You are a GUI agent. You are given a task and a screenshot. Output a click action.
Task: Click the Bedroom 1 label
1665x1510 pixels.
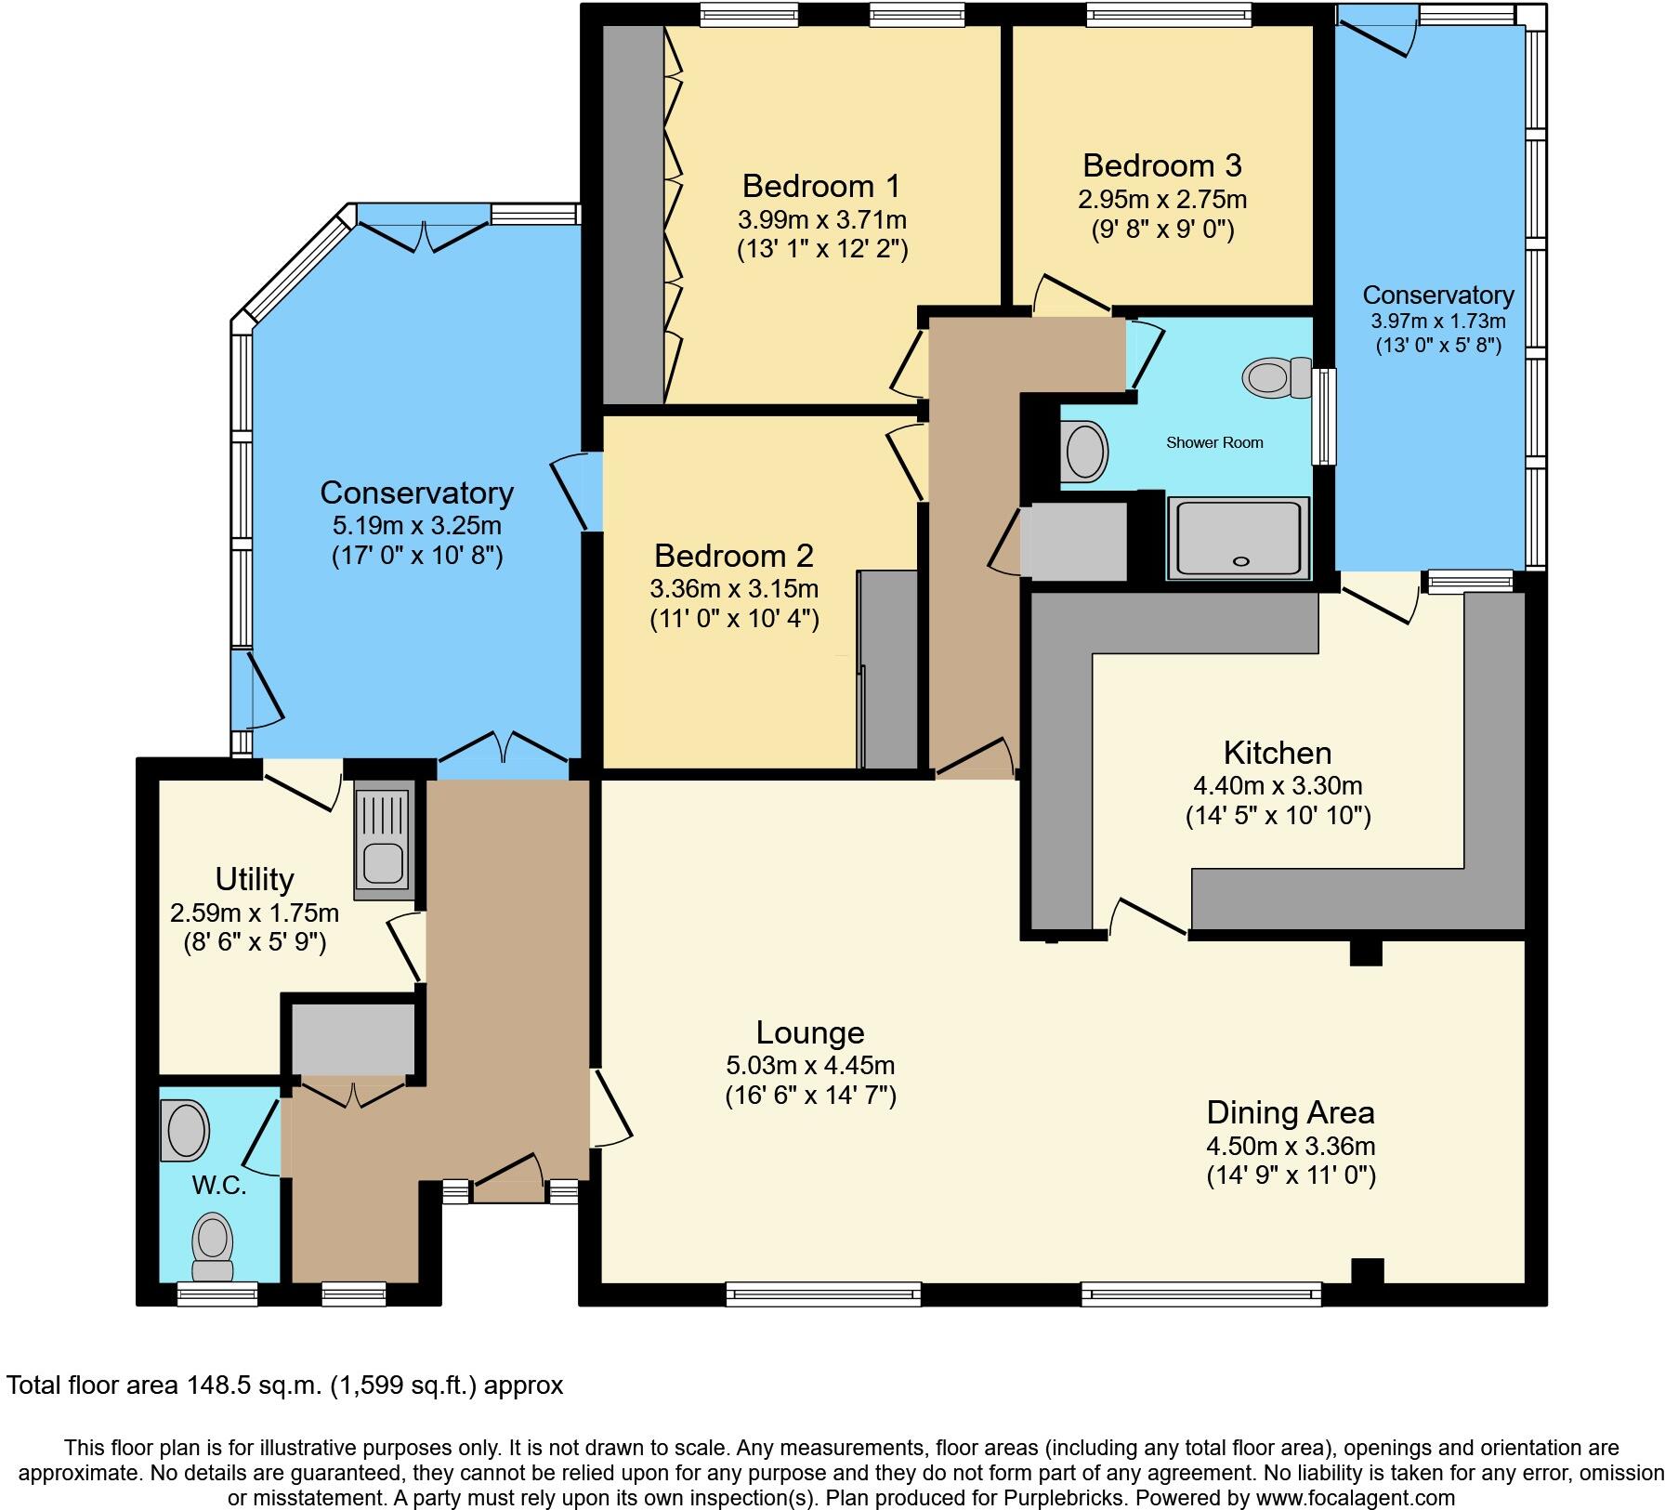pos(820,187)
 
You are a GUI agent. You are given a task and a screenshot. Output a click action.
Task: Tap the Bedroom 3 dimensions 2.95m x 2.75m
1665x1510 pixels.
pos(1162,200)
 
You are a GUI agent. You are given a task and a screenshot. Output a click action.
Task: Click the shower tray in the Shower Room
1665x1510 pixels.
pos(1239,538)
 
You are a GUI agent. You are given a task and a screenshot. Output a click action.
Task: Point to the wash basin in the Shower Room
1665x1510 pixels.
pos(1084,452)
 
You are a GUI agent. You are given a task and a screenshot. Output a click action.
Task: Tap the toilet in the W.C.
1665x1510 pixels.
pos(213,1246)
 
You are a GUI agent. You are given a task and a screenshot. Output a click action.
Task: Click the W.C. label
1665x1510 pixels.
pos(219,1186)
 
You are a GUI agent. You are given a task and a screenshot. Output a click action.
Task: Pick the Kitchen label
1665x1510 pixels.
pos(1277,753)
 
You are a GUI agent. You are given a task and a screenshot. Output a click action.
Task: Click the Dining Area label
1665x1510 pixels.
pos(1290,1112)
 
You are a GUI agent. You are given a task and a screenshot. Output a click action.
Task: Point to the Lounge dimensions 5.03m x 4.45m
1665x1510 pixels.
pos(810,1066)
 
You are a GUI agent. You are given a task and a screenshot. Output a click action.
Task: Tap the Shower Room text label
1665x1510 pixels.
pos(1214,443)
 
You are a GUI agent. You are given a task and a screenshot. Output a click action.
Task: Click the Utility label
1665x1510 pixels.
pos(255,879)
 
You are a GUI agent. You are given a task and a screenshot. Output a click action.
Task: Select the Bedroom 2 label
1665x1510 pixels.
pos(733,556)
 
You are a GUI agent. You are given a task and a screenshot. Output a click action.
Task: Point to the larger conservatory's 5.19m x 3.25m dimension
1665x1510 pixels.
pos(417,526)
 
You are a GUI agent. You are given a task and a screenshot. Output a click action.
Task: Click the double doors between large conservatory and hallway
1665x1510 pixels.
pos(503,751)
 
